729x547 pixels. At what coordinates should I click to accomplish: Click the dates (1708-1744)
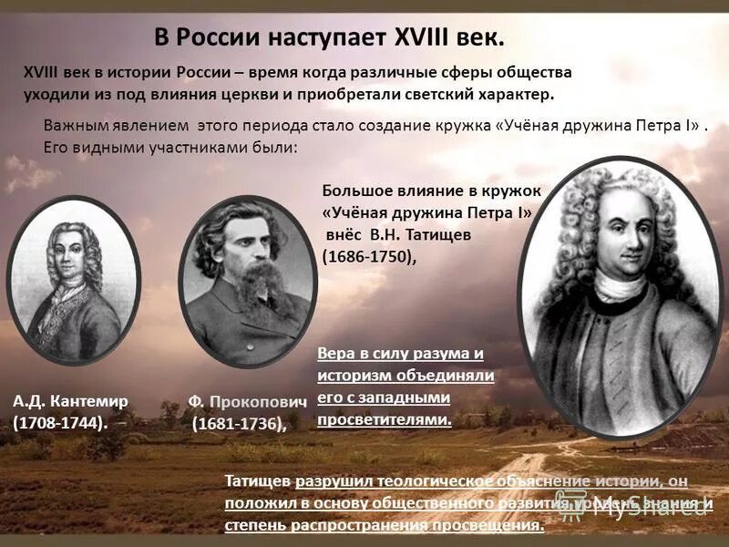(60, 422)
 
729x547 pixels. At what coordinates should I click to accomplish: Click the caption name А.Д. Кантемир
(71, 400)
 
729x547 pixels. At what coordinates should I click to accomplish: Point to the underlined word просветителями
(385, 419)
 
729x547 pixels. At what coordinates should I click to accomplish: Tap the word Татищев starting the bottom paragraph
(259, 481)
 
